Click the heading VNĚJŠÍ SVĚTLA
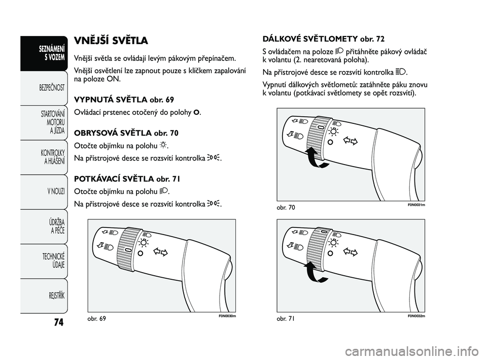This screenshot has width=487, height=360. tap(111, 41)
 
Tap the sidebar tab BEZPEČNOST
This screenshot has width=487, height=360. tap(52, 88)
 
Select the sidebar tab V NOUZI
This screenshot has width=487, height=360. tap(56, 191)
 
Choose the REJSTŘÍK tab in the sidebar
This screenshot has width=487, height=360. tap(56, 296)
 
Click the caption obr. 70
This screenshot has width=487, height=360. tap(286, 207)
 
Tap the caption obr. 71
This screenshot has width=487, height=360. tap(286, 319)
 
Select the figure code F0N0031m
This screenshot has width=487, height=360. tap(416, 205)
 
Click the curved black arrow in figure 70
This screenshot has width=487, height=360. tap(315, 158)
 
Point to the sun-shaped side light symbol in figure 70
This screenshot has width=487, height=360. tap(334, 132)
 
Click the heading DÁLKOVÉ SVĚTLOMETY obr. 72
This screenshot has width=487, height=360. tap(323, 39)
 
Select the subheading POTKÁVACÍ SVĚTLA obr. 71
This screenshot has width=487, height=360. tap(127, 179)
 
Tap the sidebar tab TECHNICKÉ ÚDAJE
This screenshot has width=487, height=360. tap(53, 260)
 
